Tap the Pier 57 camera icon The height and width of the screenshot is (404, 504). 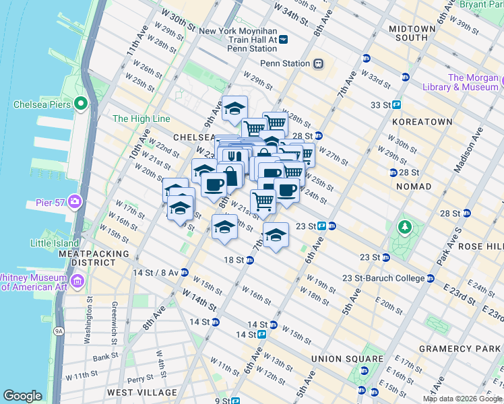[x=75, y=201]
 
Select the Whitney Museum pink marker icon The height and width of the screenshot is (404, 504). [x=80, y=280]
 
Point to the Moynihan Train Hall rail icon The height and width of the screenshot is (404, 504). [x=284, y=40]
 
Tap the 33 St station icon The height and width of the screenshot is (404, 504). [x=397, y=104]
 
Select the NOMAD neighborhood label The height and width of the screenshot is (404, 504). [x=413, y=186]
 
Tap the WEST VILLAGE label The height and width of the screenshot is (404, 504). [x=142, y=392]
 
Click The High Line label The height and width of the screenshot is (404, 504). [x=141, y=119]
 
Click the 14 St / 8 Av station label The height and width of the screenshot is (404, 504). [x=156, y=273]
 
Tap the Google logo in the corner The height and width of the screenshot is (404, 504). [x=22, y=396]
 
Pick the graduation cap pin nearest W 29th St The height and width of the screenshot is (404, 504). [x=234, y=108]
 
